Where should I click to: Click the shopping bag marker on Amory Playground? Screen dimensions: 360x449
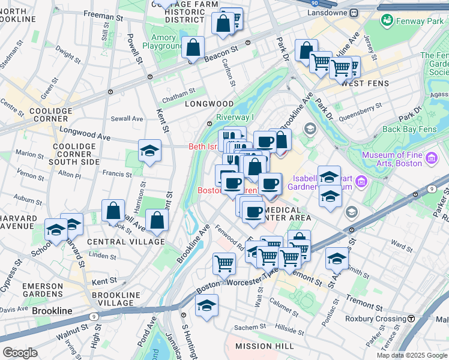pos(193,47)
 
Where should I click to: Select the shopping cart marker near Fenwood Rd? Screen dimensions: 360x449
pos(224,263)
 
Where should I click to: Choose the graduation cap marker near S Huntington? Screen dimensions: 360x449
pos(207,305)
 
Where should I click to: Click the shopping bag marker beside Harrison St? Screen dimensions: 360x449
pos(113,211)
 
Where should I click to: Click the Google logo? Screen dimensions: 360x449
pos(20,353)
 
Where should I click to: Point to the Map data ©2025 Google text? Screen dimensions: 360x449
pos(411,355)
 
